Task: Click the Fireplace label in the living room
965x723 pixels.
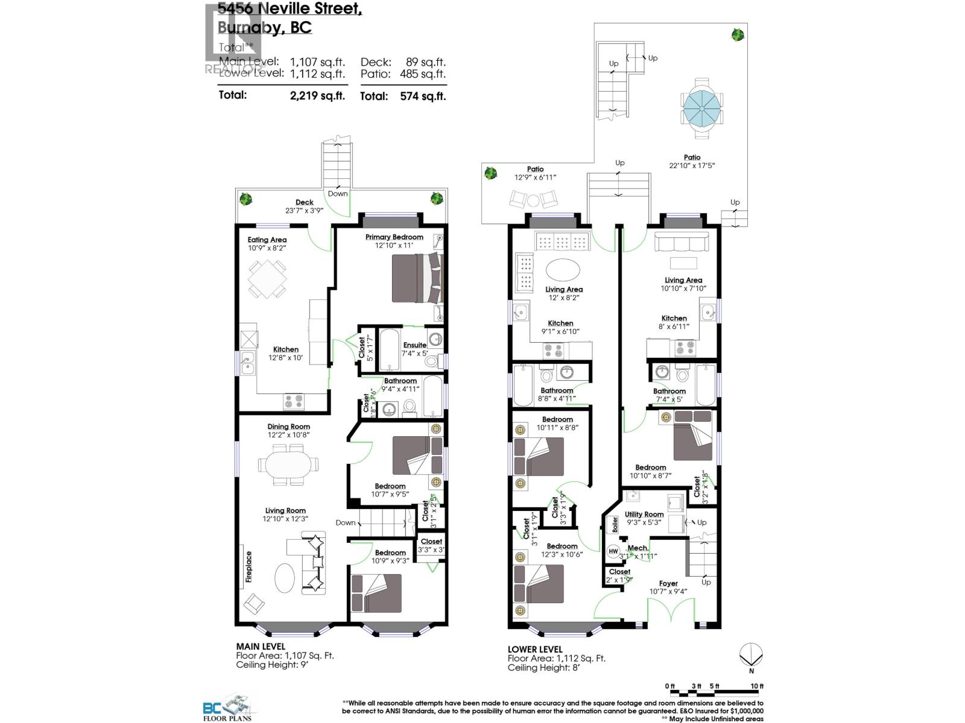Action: pyautogui.click(x=248, y=566)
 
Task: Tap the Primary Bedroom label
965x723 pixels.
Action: pyautogui.click(x=394, y=237)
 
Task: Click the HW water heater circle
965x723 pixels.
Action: pyautogui.click(x=613, y=551)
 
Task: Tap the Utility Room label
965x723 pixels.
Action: pyautogui.click(x=644, y=515)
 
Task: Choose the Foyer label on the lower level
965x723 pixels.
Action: pyautogui.click(x=668, y=583)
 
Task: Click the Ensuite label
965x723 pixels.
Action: pyautogui.click(x=415, y=345)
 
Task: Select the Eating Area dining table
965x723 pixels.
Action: pyautogui.click(x=267, y=278)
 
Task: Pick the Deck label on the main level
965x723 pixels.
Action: pyautogui.click(x=305, y=202)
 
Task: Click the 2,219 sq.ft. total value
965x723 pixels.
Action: pyautogui.click(x=317, y=95)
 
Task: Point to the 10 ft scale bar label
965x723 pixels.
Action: pyautogui.click(x=757, y=686)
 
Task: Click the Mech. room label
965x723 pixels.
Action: pyautogui.click(x=638, y=548)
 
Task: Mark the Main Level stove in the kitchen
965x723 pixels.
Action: pyautogui.click(x=294, y=401)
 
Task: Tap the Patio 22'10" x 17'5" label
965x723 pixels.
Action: pyautogui.click(x=692, y=161)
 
